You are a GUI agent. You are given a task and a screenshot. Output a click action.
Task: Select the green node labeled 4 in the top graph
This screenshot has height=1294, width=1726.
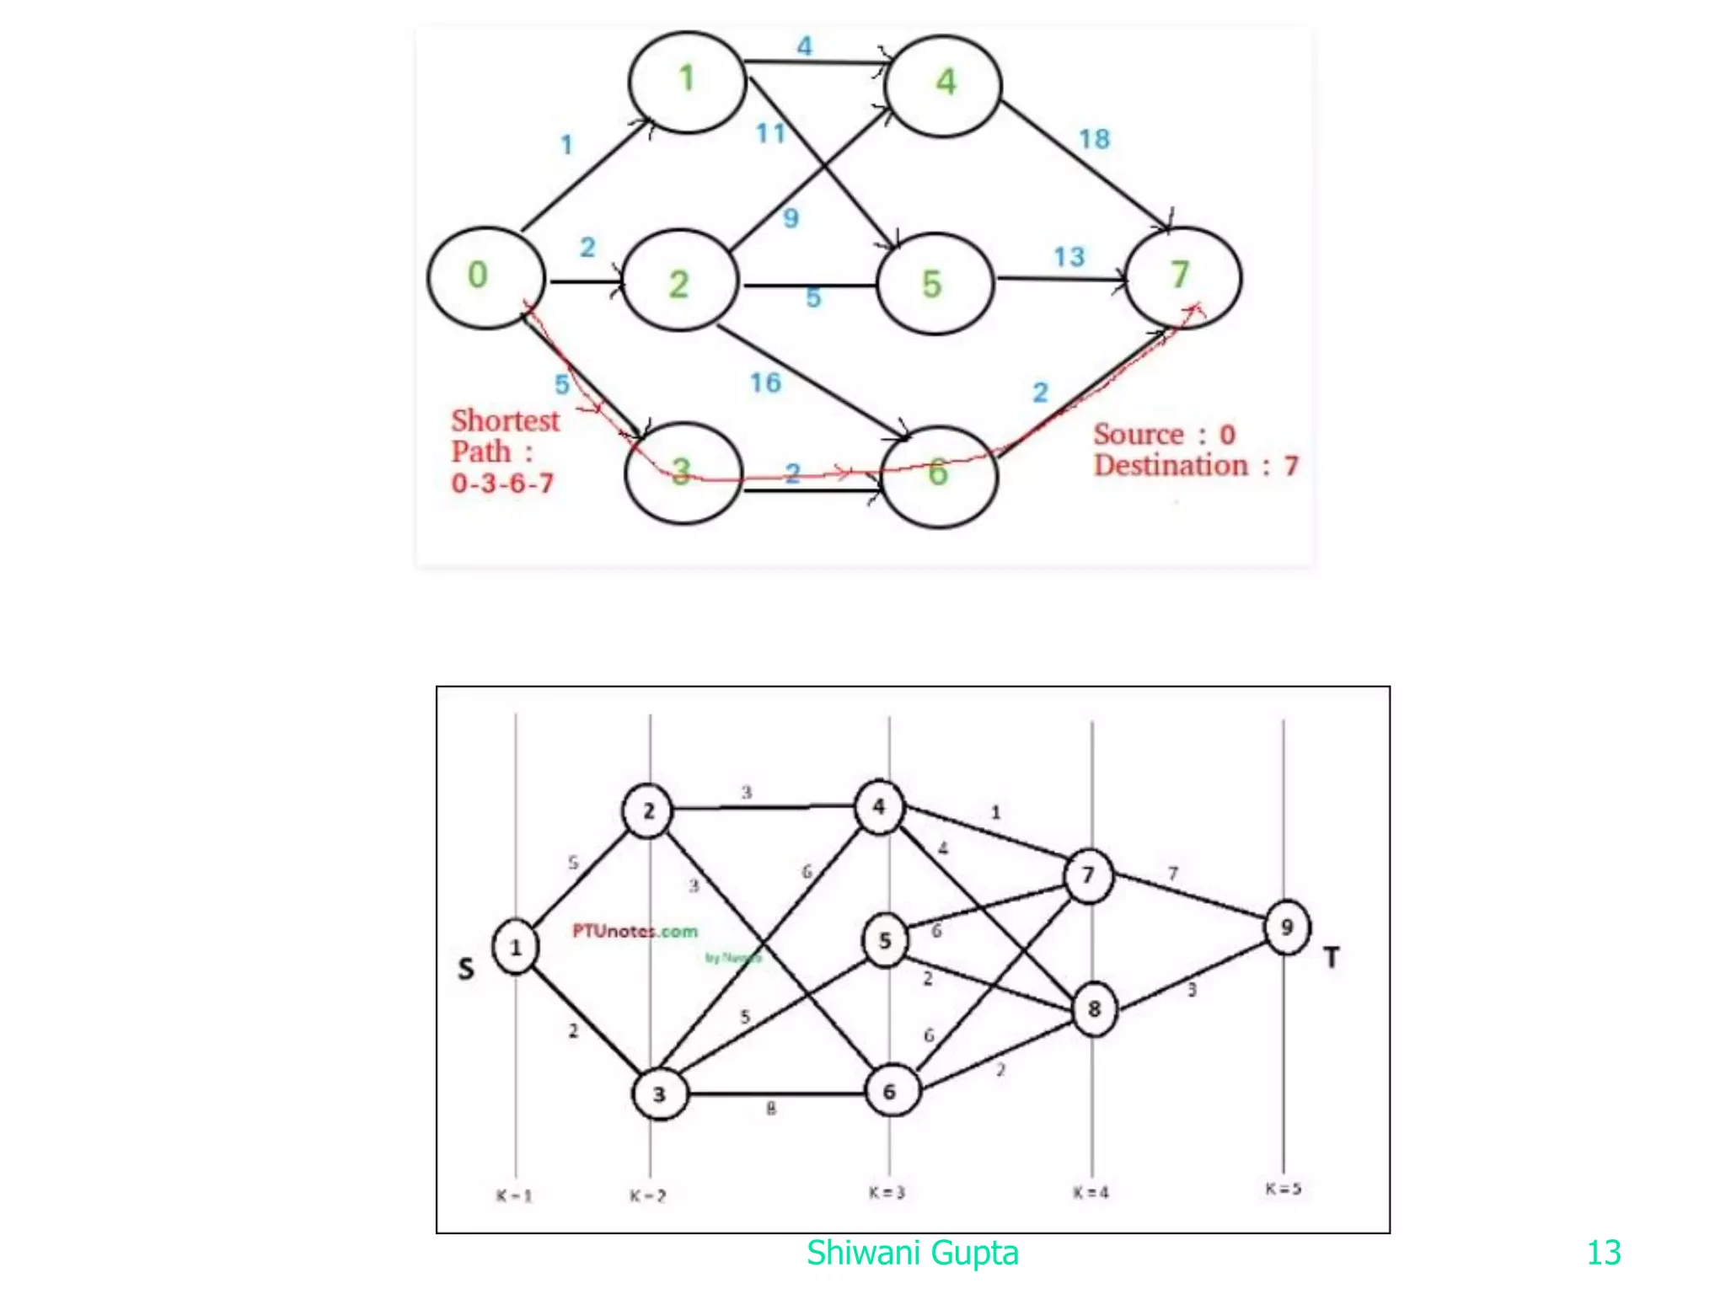[x=943, y=84]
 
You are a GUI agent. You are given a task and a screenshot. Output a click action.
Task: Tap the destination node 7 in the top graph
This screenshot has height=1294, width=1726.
[x=1182, y=277]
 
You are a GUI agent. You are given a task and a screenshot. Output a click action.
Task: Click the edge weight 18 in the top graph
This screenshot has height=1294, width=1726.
[x=1094, y=139]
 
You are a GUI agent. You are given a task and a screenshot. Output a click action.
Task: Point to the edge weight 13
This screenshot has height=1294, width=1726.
[x=1069, y=257]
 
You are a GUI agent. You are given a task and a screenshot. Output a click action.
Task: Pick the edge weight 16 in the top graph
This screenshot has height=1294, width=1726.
[x=765, y=383]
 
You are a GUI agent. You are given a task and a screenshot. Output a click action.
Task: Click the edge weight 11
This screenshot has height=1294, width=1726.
[x=769, y=133]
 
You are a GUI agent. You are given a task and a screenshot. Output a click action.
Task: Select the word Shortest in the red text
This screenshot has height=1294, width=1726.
[x=505, y=420]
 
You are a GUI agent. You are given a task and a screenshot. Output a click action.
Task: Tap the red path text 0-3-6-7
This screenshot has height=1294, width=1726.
[x=502, y=484]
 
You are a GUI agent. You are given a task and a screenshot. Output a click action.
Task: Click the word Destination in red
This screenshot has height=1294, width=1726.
[x=1170, y=466]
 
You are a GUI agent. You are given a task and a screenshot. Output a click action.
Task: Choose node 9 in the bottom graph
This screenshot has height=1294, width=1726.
[x=1287, y=928]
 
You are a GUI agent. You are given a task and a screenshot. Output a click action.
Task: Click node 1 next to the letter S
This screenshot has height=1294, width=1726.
[x=516, y=948]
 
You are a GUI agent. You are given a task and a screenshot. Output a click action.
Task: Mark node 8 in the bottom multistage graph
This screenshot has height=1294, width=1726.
[x=1094, y=1008]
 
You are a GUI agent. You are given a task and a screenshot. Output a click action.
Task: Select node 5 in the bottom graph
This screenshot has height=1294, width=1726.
[x=885, y=940]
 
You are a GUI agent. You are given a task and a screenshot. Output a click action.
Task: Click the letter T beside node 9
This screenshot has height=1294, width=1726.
[x=1332, y=958]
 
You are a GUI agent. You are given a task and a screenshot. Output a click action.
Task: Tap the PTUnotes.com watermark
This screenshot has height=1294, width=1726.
[x=635, y=931]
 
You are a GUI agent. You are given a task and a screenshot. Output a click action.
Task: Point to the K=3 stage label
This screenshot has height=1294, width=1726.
[x=887, y=1192]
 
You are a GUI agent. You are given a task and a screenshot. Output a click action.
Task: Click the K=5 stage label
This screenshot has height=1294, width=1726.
[x=1283, y=1189]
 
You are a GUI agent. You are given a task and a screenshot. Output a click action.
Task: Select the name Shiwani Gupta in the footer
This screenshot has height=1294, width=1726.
[x=912, y=1253]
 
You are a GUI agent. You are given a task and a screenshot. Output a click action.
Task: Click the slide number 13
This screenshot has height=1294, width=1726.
[x=1603, y=1253]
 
